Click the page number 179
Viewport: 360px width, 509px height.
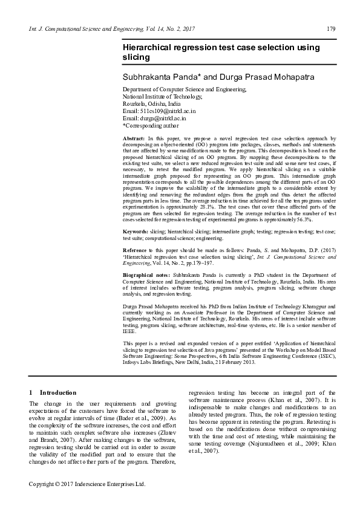[331, 29]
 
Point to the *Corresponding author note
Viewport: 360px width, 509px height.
[151, 126]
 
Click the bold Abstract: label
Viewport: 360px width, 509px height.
[135, 139]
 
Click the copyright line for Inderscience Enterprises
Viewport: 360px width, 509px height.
[88, 484]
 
